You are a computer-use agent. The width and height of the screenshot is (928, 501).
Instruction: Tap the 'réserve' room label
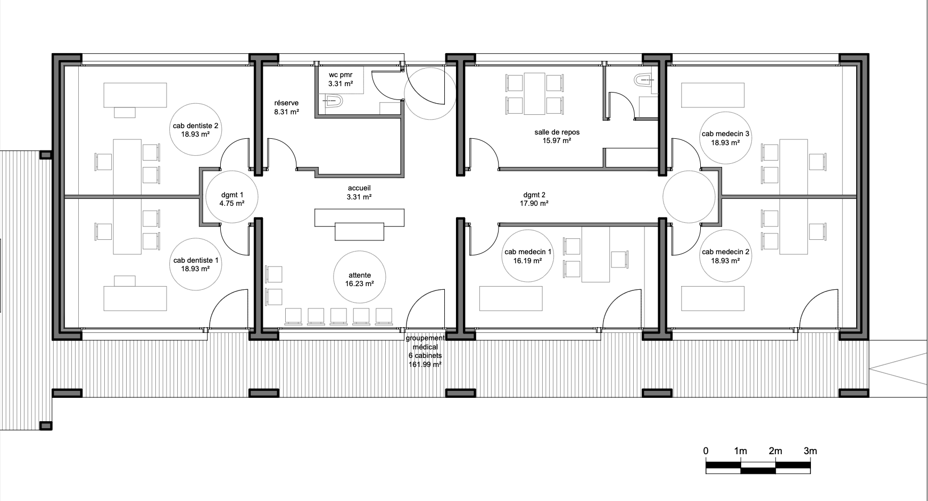(x=286, y=103)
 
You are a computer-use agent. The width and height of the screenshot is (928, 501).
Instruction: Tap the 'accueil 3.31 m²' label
(x=359, y=193)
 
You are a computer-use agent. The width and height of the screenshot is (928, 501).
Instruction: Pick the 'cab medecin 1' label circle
(x=528, y=256)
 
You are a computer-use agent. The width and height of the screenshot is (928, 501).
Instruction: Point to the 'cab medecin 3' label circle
(x=725, y=138)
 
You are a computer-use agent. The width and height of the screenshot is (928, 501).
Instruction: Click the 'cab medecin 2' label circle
(x=725, y=256)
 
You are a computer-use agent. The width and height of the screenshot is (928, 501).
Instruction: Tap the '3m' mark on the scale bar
(x=810, y=451)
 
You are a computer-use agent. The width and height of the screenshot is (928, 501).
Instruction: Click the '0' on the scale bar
(x=706, y=451)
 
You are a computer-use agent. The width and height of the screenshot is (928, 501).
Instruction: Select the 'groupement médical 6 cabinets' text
(x=425, y=347)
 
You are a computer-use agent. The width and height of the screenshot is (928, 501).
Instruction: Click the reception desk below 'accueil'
(x=359, y=224)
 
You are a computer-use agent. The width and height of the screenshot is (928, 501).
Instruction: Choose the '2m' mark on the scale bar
(x=775, y=451)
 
